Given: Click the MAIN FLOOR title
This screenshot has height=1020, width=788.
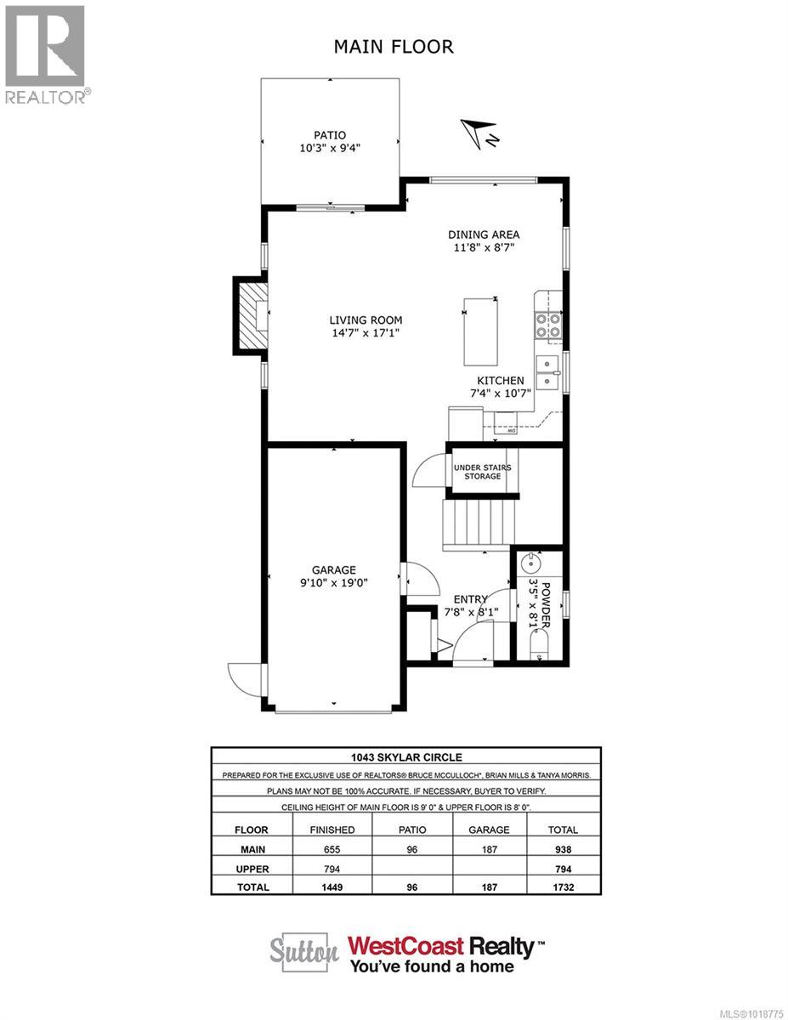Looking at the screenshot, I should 394,47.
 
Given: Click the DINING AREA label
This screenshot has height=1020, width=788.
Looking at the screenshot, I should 483,235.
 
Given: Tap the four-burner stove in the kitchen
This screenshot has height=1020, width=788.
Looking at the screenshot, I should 545,325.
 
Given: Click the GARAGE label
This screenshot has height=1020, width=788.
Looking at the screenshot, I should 333,569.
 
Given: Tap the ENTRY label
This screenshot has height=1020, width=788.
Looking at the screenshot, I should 464,599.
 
